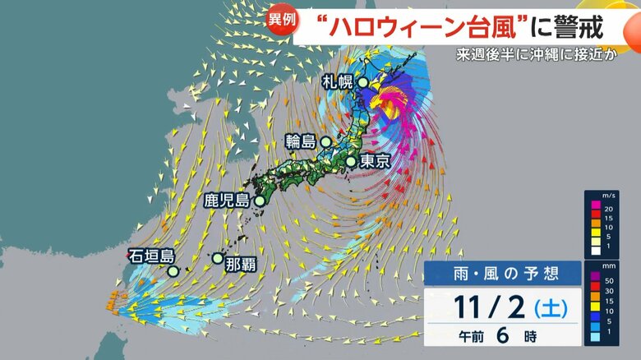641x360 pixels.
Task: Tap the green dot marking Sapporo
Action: [362, 81]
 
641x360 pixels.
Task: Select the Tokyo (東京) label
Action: [374, 162]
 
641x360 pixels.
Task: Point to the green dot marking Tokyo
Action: [352, 162]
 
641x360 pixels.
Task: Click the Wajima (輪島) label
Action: [301, 141]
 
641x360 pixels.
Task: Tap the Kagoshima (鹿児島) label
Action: [227, 199]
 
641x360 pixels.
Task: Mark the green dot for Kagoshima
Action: [260, 200]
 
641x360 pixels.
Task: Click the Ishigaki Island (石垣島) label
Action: [150, 256]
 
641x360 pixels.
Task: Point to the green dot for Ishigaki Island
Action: [173, 270]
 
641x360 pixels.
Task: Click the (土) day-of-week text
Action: [548, 308]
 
